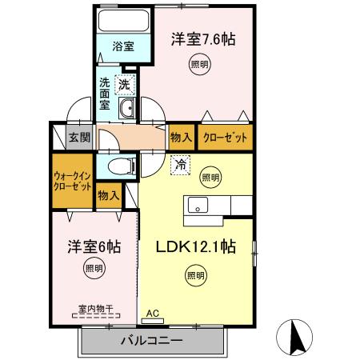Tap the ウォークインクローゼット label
point(72,180)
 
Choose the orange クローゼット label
point(225,137)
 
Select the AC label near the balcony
point(154,314)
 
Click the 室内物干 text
point(94,307)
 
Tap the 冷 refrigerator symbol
point(180,166)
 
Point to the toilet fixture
point(121,166)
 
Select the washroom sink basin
point(126,110)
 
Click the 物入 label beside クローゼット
point(181,137)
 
